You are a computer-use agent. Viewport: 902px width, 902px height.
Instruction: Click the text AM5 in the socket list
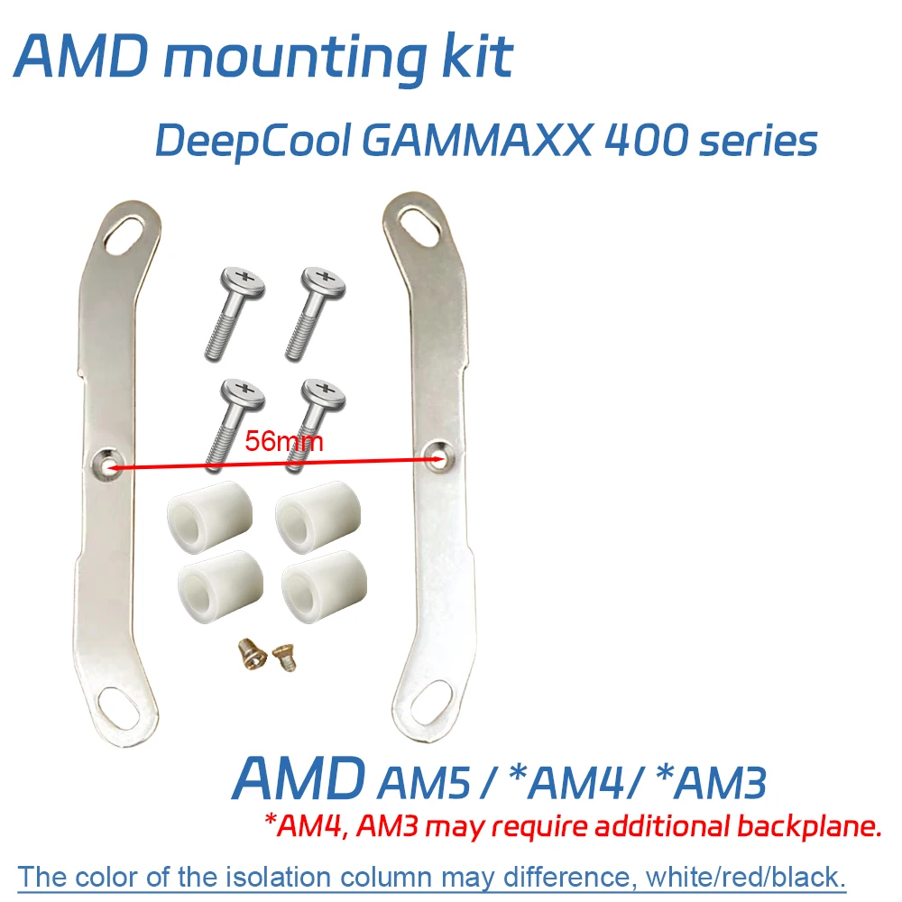pyautogui.click(x=421, y=782)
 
